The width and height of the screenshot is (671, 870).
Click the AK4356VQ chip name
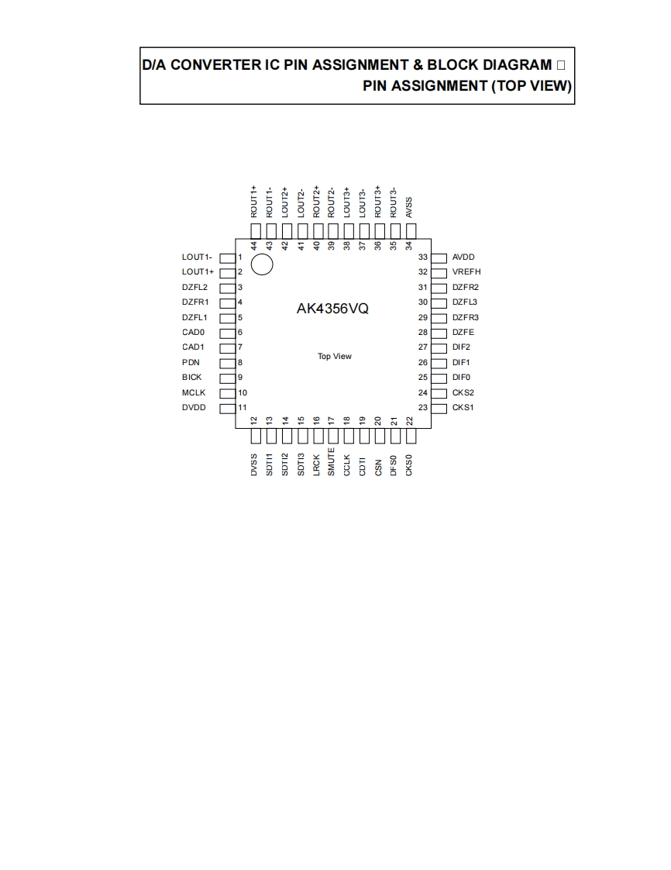coord(332,308)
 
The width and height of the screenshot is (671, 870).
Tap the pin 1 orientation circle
coord(263,264)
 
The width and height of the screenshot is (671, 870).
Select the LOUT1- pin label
coord(197,257)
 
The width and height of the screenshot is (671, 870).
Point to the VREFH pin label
coord(466,272)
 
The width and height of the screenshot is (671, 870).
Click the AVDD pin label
coord(463,257)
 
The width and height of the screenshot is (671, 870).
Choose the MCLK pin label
coord(194,392)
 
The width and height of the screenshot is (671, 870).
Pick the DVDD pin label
coord(194,408)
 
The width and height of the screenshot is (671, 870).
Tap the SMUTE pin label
coord(332,462)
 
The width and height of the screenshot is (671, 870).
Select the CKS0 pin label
coord(409,464)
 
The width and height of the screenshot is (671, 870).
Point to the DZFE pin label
coord(463,332)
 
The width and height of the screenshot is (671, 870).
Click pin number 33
coord(423,257)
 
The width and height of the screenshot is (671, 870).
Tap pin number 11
coord(243,408)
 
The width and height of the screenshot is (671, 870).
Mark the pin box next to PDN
coord(228,362)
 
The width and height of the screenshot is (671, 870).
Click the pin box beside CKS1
coord(439,408)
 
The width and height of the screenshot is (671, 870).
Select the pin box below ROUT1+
coord(254,230)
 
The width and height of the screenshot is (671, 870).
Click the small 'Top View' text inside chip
coord(335,357)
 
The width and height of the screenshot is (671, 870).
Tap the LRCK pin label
coord(316,464)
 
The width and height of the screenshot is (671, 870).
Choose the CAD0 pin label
coord(194,332)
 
